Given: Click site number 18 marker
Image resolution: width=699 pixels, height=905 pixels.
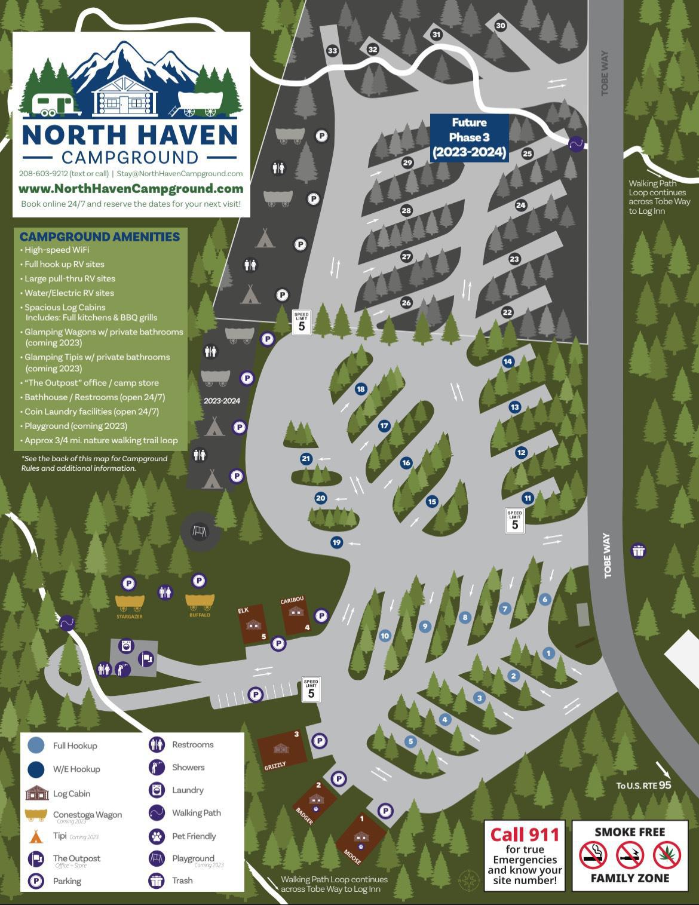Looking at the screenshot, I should [x=360, y=389].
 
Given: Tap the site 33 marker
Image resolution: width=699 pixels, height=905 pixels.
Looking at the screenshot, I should [x=332, y=51].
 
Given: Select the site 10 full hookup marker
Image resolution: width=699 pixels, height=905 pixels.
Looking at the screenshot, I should [x=385, y=636].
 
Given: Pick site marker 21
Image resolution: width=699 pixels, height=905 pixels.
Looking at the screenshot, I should [x=306, y=459].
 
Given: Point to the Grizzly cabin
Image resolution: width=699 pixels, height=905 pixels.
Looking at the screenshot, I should [x=281, y=748].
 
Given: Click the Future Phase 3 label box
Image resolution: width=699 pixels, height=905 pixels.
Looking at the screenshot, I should [x=469, y=137].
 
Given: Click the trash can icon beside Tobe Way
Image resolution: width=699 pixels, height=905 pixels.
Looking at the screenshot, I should [x=639, y=551].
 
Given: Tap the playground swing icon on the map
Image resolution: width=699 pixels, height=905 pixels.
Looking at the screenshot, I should [x=200, y=531].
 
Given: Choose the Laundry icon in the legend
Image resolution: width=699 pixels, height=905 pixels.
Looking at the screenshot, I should [x=157, y=790].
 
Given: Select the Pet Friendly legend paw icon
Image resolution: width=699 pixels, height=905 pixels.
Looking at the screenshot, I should [x=157, y=836].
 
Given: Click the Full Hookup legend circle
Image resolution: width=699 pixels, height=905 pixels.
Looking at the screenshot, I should [x=36, y=745].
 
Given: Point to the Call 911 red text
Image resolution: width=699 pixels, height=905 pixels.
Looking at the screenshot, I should [x=525, y=835].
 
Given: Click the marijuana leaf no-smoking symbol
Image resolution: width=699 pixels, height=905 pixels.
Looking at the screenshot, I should [x=667, y=855].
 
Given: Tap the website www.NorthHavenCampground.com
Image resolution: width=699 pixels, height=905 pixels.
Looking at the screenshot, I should [x=131, y=189].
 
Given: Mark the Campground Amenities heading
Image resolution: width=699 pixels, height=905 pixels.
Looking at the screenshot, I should [x=100, y=237].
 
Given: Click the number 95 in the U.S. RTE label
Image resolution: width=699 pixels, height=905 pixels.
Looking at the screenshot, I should [x=665, y=784].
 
